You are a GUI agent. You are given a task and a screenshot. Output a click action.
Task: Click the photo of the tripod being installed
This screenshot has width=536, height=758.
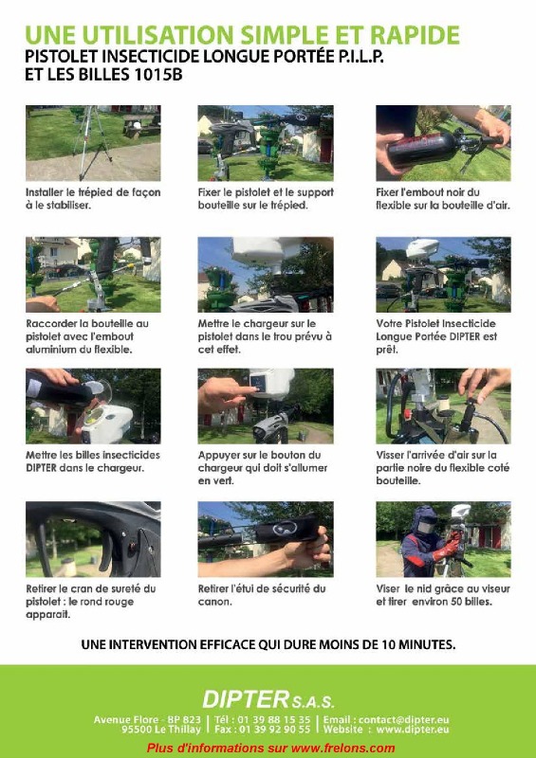click(x=93, y=142)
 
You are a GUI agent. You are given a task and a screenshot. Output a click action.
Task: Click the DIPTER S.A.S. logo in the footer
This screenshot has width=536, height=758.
click(x=268, y=701)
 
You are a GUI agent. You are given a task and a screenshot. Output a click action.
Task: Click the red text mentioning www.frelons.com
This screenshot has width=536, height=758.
click(x=270, y=749)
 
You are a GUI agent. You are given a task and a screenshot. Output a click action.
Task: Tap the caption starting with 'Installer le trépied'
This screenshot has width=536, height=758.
click(x=92, y=199)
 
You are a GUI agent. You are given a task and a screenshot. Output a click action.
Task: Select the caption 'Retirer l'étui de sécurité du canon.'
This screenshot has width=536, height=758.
click(x=261, y=594)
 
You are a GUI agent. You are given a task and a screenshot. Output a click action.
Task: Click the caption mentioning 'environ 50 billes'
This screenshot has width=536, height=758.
click(x=442, y=594)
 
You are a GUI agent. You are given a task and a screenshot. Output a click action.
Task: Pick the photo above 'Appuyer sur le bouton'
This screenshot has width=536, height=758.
click(x=265, y=406)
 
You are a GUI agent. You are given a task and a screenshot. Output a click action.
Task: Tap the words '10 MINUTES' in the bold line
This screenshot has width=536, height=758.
click(x=415, y=645)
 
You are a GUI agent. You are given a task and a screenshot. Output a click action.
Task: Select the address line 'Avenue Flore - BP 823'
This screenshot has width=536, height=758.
click(x=147, y=719)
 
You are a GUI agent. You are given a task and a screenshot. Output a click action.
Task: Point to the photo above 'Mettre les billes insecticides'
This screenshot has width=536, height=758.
click(x=93, y=406)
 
